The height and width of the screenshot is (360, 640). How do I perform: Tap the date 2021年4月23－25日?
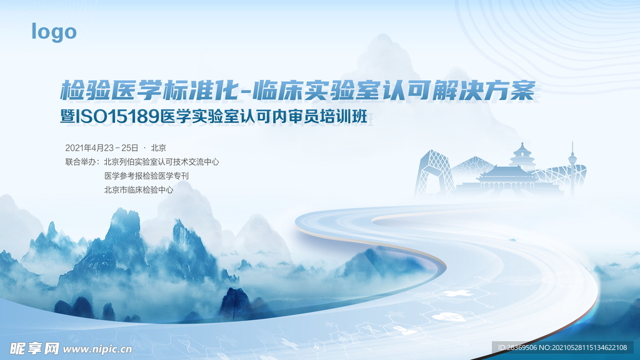tap(102, 147)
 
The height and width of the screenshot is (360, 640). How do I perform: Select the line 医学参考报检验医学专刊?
tap(146, 176)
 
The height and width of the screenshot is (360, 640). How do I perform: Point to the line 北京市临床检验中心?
tap(139, 190)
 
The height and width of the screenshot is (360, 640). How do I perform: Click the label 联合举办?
tap(81, 162)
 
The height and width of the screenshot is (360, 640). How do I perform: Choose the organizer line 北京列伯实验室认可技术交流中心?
tap(162, 162)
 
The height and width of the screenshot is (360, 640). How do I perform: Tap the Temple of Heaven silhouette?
tap(522, 157)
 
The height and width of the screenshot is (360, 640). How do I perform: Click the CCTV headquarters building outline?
tap(434, 174)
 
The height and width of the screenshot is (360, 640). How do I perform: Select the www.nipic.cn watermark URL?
tap(97, 349)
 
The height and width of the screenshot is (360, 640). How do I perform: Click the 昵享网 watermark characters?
tap(35, 349)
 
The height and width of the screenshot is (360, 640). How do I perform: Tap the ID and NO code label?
tap(562, 347)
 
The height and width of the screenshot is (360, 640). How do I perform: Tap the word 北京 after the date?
tap(158, 147)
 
